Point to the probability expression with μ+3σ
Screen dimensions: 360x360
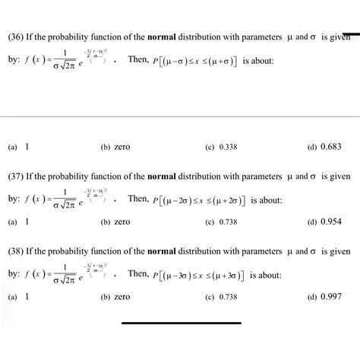[201, 274]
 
